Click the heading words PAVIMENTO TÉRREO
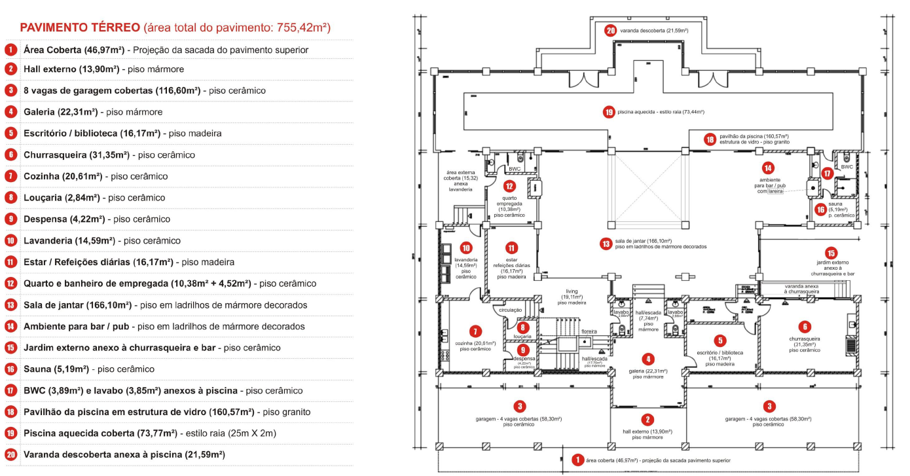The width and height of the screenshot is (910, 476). coord(79,27)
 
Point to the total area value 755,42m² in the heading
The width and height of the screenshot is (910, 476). coord(295,27)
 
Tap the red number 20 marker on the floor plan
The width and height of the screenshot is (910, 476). coord(611,30)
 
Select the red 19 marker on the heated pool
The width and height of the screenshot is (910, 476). coord(609,112)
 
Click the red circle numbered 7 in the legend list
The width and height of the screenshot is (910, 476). coord(11,176)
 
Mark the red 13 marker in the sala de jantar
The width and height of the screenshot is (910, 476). coord(606,244)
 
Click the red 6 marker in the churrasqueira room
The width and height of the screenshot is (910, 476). coord(804,326)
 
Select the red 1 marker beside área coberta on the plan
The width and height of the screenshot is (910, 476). coord(577,460)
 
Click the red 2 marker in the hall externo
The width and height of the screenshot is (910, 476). coord(647,420)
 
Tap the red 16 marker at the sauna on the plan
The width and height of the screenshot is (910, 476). coord(820,210)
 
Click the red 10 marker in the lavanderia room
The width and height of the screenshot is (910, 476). coord(466,248)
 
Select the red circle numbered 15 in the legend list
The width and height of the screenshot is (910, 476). coord(11,348)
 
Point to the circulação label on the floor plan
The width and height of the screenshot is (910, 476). coord(511,310)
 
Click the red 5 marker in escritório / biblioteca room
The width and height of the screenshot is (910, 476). coord(720,340)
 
